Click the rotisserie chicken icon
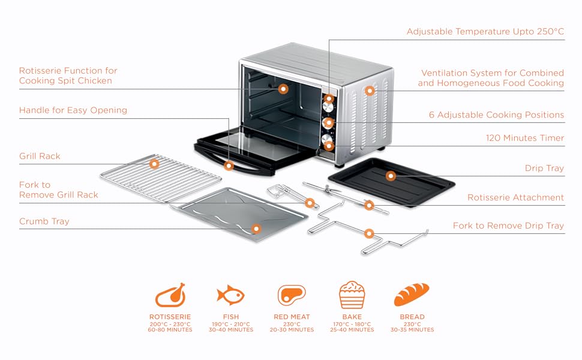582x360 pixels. click(170, 295)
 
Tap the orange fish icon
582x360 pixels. click(231, 295)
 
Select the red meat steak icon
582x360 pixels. click(292, 295)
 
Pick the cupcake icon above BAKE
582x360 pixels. click(352, 295)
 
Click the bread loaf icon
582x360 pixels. click(412, 295)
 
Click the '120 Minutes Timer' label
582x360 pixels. click(525, 138)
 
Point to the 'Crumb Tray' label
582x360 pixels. click(44, 221)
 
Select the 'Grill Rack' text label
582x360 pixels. click(40, 156)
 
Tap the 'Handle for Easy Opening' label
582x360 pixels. click(73, 110)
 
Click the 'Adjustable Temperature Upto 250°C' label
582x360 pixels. click(485, 31)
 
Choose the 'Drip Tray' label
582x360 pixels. click(544, 168)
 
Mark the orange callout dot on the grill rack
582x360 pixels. click(155, 163)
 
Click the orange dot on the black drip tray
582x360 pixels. click(391, 176)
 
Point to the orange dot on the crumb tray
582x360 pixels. click(256, 228)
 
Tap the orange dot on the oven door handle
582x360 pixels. click(229, 165)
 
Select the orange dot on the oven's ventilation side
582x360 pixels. click(370, 91)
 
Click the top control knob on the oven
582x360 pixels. click(329, 98)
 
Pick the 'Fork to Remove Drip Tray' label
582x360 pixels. click(508, 226)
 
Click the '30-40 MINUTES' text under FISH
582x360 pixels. click(231, 329)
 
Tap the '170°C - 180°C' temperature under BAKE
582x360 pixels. click(352, 323)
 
